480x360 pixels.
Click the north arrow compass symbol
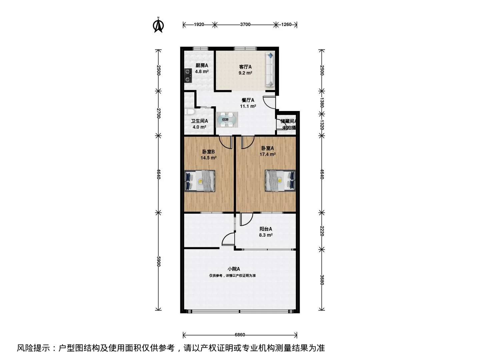(158, 26)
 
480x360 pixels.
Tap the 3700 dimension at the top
(245, 24)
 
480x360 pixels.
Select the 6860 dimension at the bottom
(240, 335)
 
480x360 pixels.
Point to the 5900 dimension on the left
(159, 261)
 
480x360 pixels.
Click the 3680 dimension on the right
(322, 280)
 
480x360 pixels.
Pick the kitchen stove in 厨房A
(188, 75)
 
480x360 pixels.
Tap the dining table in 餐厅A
(227, 120)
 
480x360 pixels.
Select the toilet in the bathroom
(189, 113)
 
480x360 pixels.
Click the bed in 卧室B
(200, 181)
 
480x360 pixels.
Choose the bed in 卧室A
(280, 181)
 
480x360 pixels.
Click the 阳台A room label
(266, 229)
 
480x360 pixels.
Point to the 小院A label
(234, 269)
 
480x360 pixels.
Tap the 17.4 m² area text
(267, 154)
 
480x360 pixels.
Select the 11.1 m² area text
(248, 106)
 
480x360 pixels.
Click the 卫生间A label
(199, 121)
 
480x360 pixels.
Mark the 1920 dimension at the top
(199, 24)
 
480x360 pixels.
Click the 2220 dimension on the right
(322, 231)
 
